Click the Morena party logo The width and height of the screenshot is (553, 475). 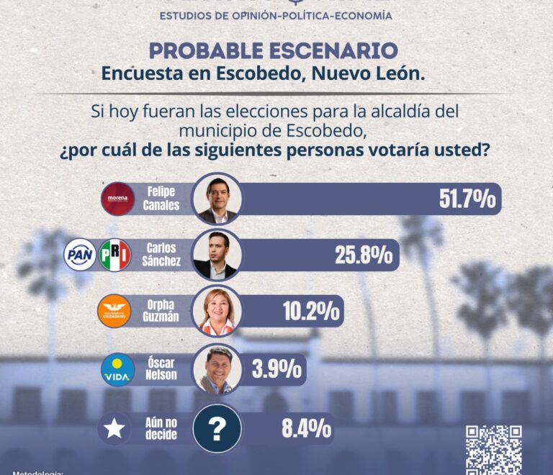117,199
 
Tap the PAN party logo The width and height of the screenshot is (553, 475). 80,255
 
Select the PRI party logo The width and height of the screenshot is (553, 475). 114,255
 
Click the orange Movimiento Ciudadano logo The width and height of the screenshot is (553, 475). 114,311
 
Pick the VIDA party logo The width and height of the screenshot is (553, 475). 117,369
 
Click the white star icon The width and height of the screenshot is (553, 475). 114,429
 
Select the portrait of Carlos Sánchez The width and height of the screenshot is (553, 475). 216,255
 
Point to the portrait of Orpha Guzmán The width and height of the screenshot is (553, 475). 217,312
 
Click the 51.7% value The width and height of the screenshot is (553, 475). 467,199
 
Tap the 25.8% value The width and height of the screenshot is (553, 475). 363,255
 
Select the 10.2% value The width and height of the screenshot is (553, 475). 311,311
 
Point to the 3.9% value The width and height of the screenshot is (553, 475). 276,369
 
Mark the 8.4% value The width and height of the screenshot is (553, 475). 306,429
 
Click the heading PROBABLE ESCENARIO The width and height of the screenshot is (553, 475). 273,51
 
